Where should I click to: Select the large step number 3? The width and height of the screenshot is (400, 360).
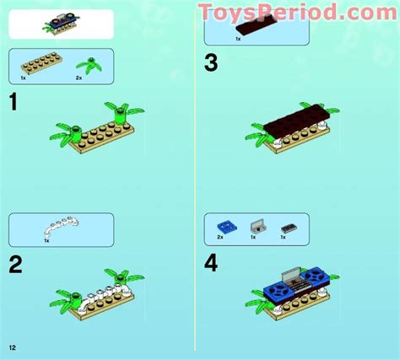coord(211,62)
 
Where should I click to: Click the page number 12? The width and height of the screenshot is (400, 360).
coord(14,347)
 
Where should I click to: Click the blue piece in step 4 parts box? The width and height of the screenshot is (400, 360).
coord(226,225)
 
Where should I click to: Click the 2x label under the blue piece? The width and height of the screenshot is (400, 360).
coord(220,239)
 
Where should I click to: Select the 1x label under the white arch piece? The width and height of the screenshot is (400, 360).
coord(47,241)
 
